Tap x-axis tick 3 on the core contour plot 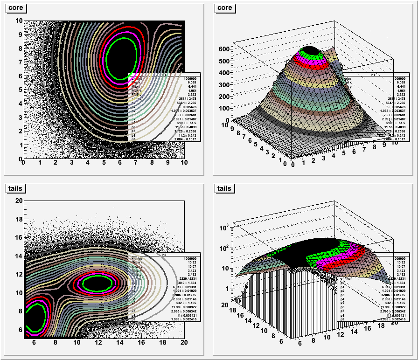[71, 163]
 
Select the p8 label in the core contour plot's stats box [133, 134]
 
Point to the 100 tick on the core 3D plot [224, 108]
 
